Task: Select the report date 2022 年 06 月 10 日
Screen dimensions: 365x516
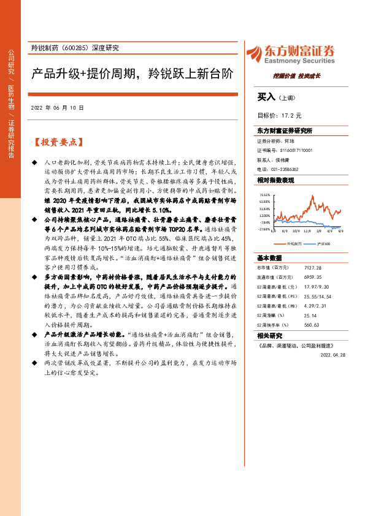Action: click(x=56, y=107)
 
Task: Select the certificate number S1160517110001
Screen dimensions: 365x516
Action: click(x=296, y=149)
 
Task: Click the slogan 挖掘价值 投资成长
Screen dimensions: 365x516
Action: click(x=297, y=77)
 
